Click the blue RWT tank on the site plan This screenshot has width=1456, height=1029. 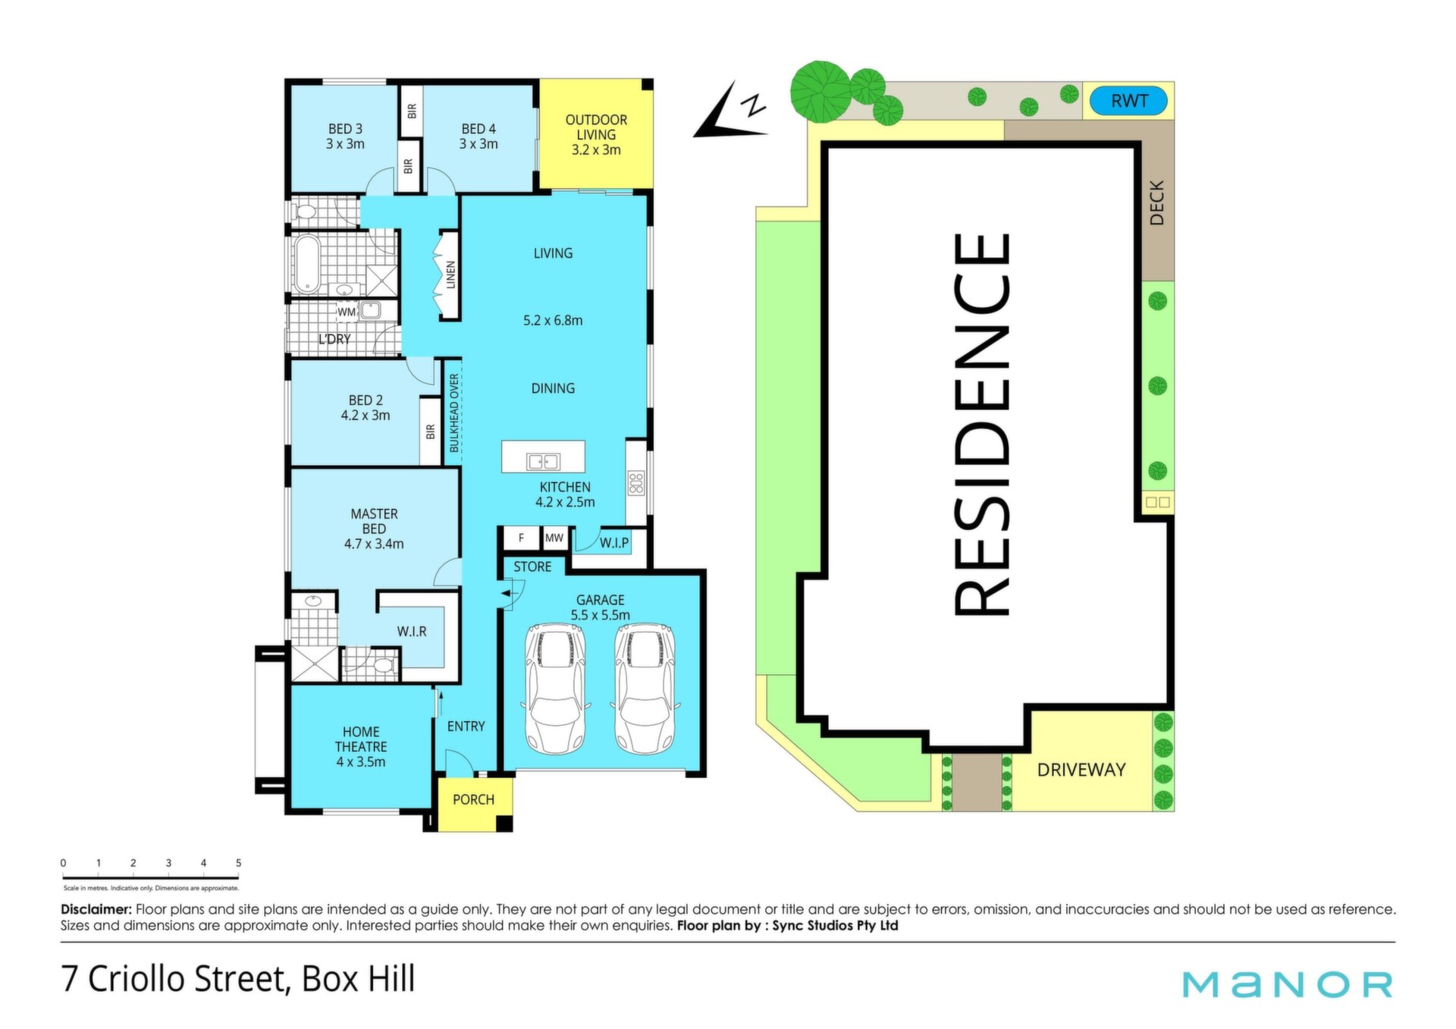pos(1128,101)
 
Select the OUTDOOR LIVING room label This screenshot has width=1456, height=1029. pos(596,135)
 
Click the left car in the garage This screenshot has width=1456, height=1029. pos(556,689)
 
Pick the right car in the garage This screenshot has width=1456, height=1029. pos(645,689)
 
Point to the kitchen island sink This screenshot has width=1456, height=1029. pos(543,461)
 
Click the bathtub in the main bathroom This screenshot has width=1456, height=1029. pos(306,263)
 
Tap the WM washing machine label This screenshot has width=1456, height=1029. pos(347,312)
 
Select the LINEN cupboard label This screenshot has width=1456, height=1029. pos(451,275)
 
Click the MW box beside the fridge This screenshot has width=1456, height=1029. pos(554,538)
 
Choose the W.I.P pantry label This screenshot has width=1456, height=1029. pos(614,543)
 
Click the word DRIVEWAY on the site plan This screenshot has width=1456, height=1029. pos(1081,770)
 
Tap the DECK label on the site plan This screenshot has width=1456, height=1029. pos(1156,202)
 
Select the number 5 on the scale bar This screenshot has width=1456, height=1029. pos(238,863)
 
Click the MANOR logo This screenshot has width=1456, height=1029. pos(1288,984)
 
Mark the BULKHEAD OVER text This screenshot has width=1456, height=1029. pos(454,413)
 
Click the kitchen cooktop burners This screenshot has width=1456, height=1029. pos(635,483)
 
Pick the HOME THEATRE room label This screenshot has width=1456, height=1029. pos(361,747)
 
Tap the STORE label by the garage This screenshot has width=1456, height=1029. pos(532,566)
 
